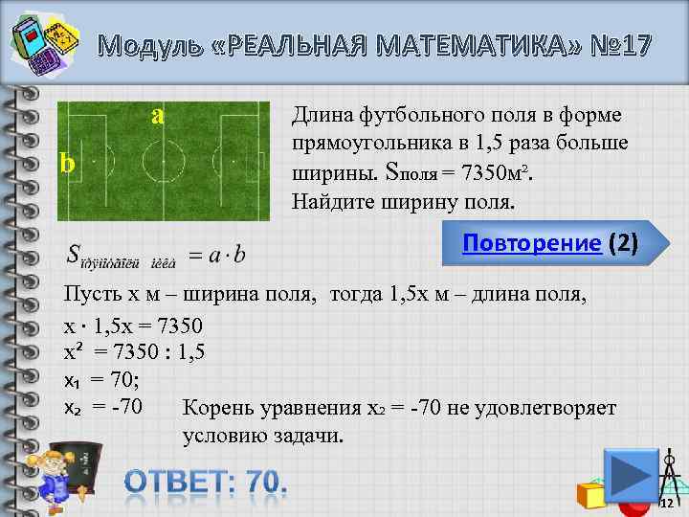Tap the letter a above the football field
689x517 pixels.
coord(159,114)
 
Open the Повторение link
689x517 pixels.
coord(531,242)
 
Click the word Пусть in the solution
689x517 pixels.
coord(87,293)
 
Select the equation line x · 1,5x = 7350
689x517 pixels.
coord(132,326)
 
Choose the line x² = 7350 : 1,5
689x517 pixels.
coord(133,353)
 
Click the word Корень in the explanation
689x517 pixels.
coord(216,409)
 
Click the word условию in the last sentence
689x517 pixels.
coord(218,436)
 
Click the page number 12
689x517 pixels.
coord(667,503)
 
